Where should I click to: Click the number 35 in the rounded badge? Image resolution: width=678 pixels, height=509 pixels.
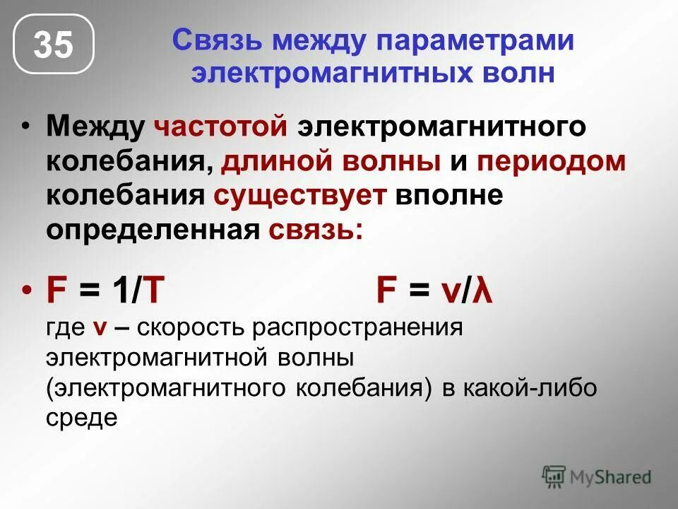(x=54, y=46)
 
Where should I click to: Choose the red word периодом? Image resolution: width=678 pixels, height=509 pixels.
(x=552, y=160)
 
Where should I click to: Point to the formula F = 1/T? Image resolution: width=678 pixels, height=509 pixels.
(x=106, y=291)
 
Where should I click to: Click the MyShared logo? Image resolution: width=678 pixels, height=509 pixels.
(x=597, y=476)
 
